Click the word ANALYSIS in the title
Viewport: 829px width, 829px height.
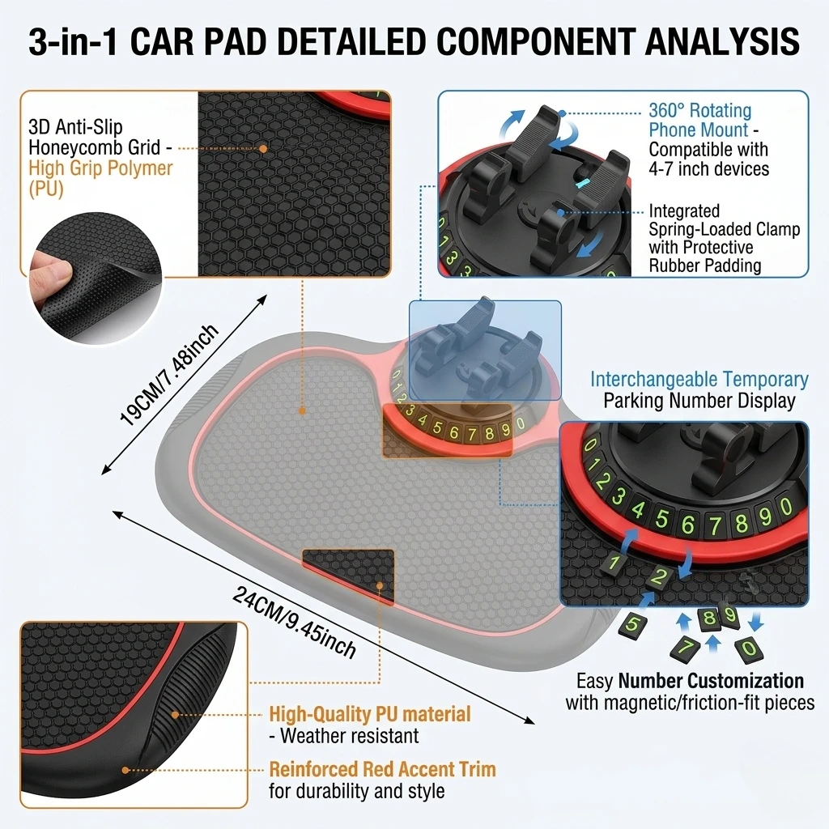722,41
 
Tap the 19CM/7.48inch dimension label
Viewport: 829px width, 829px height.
169,375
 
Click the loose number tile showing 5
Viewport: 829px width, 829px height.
633,625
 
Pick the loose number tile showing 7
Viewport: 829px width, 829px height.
685,648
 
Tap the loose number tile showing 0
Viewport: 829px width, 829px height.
749,649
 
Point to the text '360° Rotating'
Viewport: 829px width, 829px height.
699,110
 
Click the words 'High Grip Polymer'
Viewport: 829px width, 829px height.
100,168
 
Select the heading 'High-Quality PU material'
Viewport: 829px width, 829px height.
369,714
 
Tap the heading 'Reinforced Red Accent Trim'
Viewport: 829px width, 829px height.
382,769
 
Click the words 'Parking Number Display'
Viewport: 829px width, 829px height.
699,401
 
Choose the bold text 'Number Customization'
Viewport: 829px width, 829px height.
711,680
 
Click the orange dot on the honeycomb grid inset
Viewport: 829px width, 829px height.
263,149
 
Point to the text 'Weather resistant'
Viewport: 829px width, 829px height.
350,736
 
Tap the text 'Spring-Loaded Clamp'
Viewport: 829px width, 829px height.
725,229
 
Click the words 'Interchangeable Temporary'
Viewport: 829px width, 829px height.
699,379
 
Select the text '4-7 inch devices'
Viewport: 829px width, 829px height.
709,169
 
